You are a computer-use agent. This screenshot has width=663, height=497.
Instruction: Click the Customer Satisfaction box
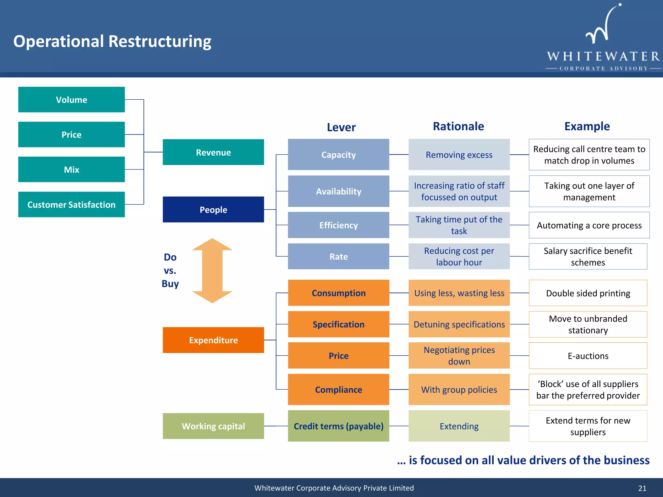click(x=71, y=204)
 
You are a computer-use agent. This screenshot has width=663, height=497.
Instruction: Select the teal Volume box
click(x=71, y=100)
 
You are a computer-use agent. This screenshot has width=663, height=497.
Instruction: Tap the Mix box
click(x=71, y=170)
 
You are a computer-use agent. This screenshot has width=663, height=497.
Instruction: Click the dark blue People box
click(x=213, y=210)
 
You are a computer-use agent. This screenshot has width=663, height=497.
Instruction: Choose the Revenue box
click(x=213, y=152)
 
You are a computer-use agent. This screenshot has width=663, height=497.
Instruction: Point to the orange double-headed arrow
click(x=212, y=271)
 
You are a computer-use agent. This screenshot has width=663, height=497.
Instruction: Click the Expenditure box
click(x=213, y=340)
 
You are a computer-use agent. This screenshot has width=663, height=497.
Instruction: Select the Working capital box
click(x=213, y=426)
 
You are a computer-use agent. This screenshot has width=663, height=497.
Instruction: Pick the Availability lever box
click(x=338, y=191)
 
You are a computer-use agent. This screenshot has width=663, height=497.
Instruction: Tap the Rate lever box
click(x=338, y=257)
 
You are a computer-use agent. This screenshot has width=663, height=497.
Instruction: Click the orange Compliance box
click(x=338, y=390)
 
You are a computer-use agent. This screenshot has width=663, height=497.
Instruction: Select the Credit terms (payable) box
click(x=338, y=426)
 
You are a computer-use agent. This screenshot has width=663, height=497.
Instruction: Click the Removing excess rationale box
click(x=459, y=155)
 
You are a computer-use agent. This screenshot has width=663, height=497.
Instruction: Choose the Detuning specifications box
click(x=459, y=324)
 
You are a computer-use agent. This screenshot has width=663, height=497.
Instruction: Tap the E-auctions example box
click(x=588, y=356)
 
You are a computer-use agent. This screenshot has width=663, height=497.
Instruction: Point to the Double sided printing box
click(x=588, y=293)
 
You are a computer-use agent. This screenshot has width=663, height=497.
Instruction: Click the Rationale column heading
click(x=458, y=126)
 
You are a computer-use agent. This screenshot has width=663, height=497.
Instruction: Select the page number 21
click(x=642, y=488)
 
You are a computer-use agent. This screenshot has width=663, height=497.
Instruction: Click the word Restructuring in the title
click(x=160, y=41)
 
